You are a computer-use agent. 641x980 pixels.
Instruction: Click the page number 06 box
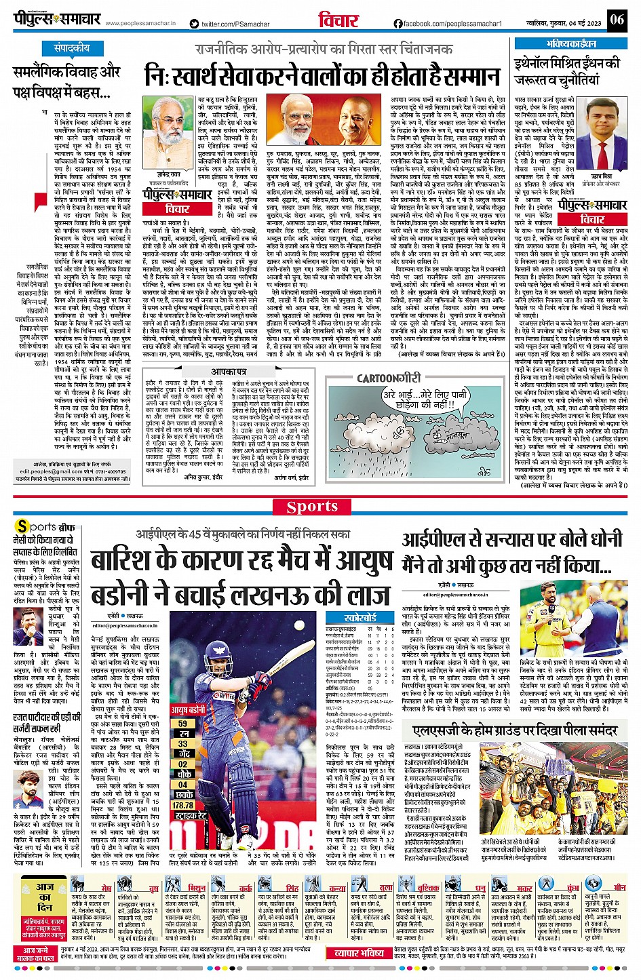pyautogui.click(x=617, y=20)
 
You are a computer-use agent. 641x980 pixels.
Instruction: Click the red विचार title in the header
pyautogui.click(x=338, y=20)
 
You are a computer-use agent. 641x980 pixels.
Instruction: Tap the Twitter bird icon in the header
pyautogui.click(x=195, y=24)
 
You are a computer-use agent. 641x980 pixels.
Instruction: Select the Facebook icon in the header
pyautogui.click(x=398, y=24)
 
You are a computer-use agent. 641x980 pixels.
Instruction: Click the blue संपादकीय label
pyautogui.click(x=72, y=48)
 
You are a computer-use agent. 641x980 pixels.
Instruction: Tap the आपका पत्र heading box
pyautogui.click(x=228, y=372)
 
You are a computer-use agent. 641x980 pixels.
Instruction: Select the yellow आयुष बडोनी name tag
pyautogui.click(x=188, y=709)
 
